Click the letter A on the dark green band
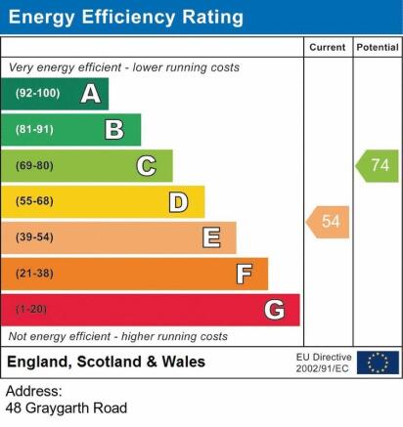pyautogui.click(x=91, y=94)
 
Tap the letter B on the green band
pyautogui.click(x=114, y=130)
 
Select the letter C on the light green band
pyautogui.click(x=147, y=166)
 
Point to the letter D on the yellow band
pyautogui.click(x=178, y=202)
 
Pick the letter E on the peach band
pyautogui.click(x=211, y=237)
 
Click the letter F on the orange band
pyautogui.click(x=245, y=274)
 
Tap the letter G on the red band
pyautogui.click(x=275, y=310)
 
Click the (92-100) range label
pyautogui.click(x=38, y=94)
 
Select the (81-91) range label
pyautogui.click(x=34, y=130)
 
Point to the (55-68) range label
pyautogui.click(x=34, y=201)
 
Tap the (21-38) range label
pyautogui.click(x=34, y=273)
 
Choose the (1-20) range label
pyautogui.click(x=31, y=309)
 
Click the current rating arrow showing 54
pyautogui.click(x=328, y=222)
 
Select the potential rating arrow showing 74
pyautogui.click(x=377, y=166)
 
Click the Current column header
pyautogui.click(x=328, y=47)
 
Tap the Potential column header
pyautogui.click(x=378, y=47)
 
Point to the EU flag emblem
pyautogui.click(x=378, y=363)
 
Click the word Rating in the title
pyautogui.click(x=212, y=18)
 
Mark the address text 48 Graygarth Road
pyautogui.click(x=67, y=408)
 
